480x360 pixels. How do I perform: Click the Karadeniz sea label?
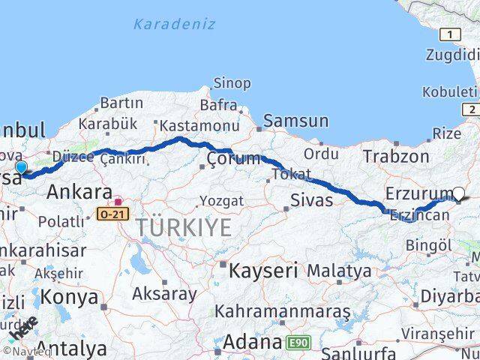pos(174,24)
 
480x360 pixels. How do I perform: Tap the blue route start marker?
pos(21,167)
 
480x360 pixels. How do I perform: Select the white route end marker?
pos(458,193)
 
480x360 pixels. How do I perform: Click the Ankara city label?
pos(79,192)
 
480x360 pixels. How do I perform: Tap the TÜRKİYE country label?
pos(184,228)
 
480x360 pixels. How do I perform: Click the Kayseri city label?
pos(263,270)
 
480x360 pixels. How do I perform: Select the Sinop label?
pos(232,83)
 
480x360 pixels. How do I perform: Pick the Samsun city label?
pos(295,121)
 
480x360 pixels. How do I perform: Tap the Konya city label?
pos(68,297)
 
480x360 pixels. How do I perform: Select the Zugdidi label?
pos(452,55)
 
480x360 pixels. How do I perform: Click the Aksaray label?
pos(163,293)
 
